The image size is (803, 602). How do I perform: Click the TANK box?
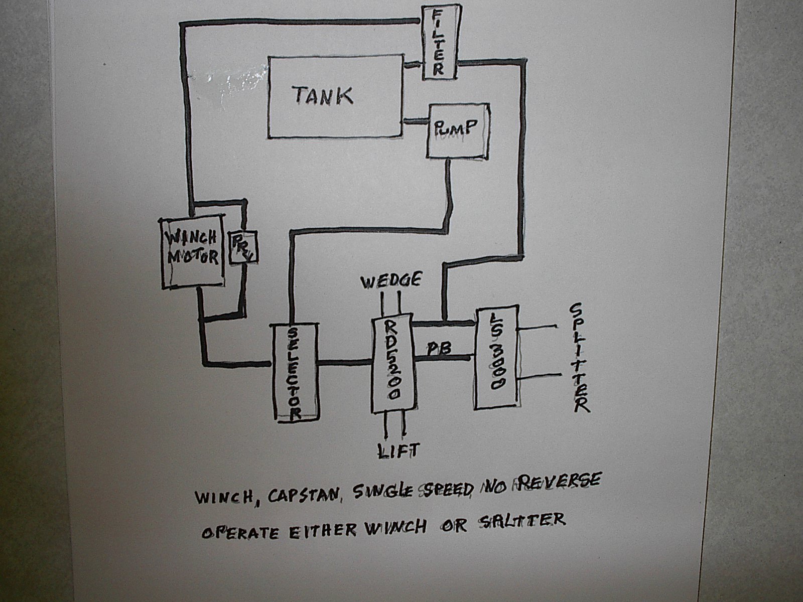(x=335, y=96)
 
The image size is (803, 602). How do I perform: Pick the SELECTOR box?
(x=296, y=371)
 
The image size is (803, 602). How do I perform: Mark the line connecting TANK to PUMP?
(x=415, y=121)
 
